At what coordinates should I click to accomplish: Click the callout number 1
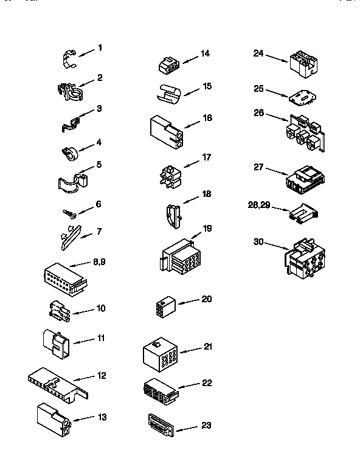[x=100, y=48]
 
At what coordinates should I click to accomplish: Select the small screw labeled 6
[x=69, y=213]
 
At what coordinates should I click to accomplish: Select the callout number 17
[x=207, y=157]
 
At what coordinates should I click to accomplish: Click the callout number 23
[x=206, y=425]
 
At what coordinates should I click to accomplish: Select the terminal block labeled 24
[x=304, y=63]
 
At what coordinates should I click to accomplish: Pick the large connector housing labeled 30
[x=304, y=261]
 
